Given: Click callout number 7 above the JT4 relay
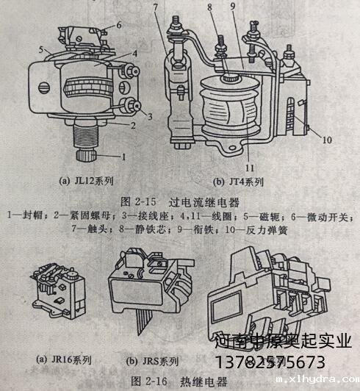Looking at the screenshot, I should [168, 8].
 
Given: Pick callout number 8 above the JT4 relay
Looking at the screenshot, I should [209, 10].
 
